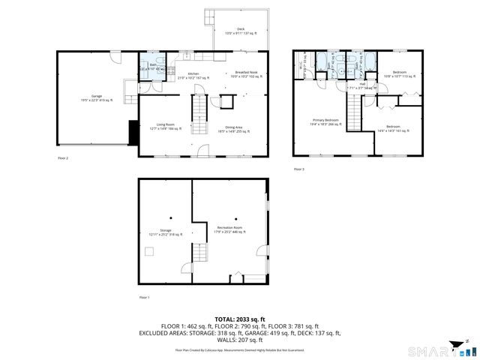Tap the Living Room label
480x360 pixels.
[x=166, y=126]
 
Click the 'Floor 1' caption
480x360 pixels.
[x=144, y=298]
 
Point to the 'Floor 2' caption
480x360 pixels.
[x=62, y=158]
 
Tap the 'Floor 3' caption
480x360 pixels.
[x=298, y=169]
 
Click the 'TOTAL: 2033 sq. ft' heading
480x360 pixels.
[x=239, y=319]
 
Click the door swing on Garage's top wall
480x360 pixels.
[x=113, y=57]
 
